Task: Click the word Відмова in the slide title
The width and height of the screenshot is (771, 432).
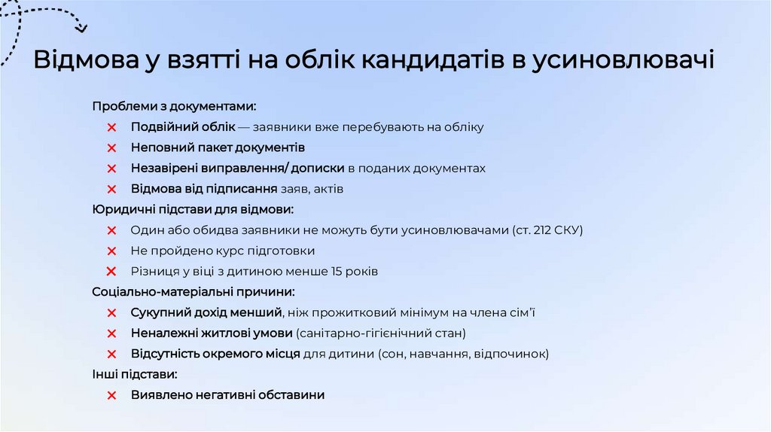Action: click(x=82, y=61)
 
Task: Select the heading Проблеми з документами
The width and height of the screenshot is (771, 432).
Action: click(x=174, y=106)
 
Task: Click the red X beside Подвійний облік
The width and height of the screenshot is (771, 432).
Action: click(x=111, y=127)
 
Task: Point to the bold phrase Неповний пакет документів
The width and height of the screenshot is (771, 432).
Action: click(x=218, y=148)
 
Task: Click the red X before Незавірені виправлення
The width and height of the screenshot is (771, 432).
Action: click(x=111, y=169)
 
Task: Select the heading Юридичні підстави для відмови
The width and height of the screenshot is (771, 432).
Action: click(x=193, y=209)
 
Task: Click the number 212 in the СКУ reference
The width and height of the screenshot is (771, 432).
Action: click(x=543, y=230)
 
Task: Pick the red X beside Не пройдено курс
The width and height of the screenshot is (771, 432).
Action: click(x=111, y=251)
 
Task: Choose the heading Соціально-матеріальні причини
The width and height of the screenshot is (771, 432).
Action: click(x=194, y=291)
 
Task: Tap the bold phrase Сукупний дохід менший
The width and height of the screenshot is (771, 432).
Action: click(x=206, y=312)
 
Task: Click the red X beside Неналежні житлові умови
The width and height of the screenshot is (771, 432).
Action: click(x=111, y=333)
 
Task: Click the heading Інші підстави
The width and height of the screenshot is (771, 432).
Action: click(x=135, y=373)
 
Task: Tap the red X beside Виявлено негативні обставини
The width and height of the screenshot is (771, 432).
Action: click(x=111, y=394)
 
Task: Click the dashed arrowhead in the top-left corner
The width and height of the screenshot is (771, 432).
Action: click(x=81, y=29)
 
